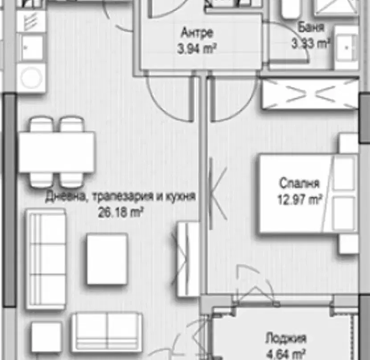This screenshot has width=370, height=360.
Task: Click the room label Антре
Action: pyautogui.click(x=197, y=33)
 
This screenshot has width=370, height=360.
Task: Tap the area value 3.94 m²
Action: pyautogui.click(x=197, y=49)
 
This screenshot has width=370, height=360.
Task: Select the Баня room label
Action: pyautogui.click(x=311, y=27)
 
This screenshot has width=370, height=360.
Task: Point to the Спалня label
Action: pyautogui.click(x=299, y=183)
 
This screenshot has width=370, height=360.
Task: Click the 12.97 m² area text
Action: pyautogui.click(x=300, y=200)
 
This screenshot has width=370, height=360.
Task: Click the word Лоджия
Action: pyautogui.click(x=286, y=339)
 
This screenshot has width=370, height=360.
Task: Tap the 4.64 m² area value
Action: pyautogui.click(x=286, y=354)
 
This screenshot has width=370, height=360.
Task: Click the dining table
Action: pyautogui.click(x=57, y=152)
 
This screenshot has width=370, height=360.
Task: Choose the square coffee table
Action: pyautogui.click(x=107, y=259)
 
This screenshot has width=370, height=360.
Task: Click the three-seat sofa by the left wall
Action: pyautogui.click(x=46, y=259)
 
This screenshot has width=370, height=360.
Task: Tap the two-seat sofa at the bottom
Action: pyautogui.click(x=107, y=333)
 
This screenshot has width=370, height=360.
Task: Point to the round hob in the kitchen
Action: pyautogui.click(x=31, y=78)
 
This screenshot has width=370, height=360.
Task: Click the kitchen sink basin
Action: pyautogui.click(x=32, y=48)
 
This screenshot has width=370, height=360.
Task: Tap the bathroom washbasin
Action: pyautogui.click(x=346, y=47)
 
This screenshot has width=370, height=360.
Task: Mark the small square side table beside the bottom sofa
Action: pyautogui.click(x=46, y=337)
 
